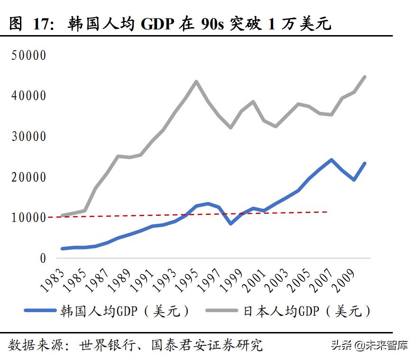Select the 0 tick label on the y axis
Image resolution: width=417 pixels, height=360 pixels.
pyautogui.click(x=43, y=259)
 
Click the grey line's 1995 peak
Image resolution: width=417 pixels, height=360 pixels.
pyautogui.click(x=196, y=81)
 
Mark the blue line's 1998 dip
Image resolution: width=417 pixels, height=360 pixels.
pyautogui.click(x=231, y=223)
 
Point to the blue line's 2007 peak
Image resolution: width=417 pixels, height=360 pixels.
pyautogui.click(x=331, y=160)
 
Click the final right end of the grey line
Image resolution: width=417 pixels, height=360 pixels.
pyautogui.click(x=364, y=77)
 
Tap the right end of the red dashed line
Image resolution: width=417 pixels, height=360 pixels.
pyautogui.click(x=327, y=212)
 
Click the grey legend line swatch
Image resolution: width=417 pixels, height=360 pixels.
pyautogui.click(x=222, y=311)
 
